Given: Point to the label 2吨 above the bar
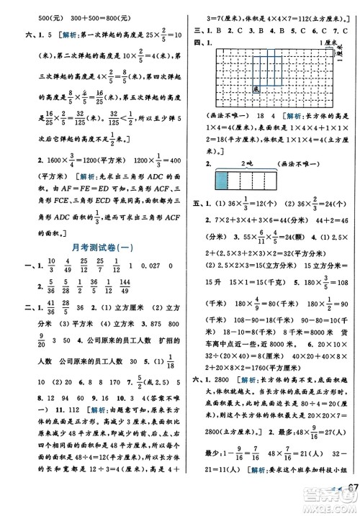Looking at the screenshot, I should pyautogui.click(x=250, y=163).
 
